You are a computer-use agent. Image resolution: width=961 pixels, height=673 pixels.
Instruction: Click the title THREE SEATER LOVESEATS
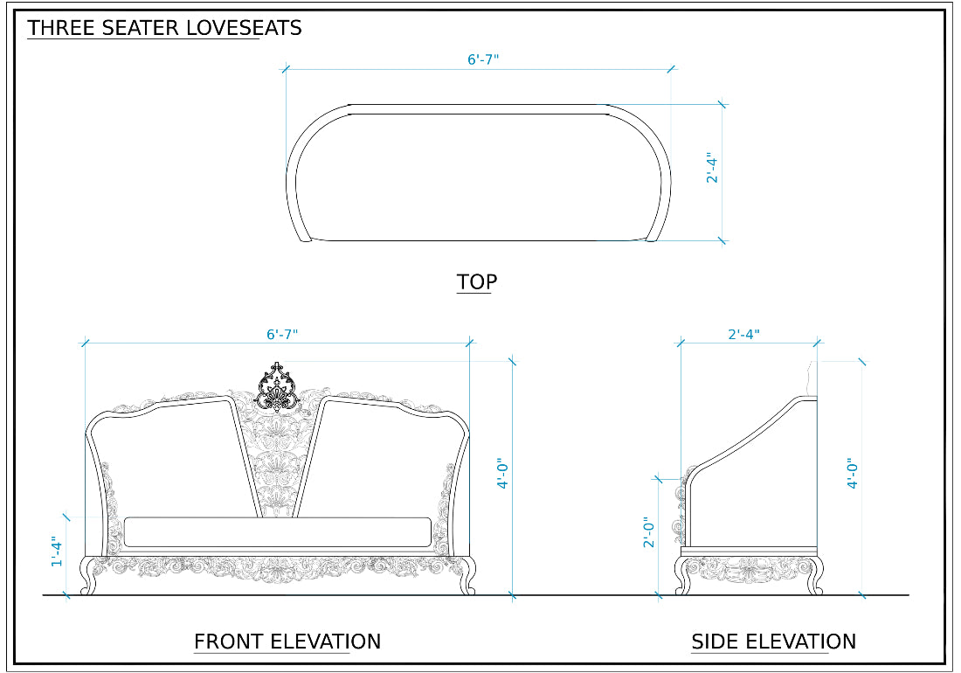tap(164, 28)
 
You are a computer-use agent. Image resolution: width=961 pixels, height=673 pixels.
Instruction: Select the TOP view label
tap(477, 282)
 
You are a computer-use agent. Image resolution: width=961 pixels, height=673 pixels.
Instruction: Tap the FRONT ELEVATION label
tap(287, 642)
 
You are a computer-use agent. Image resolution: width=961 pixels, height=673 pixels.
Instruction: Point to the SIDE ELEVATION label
tap(773, 642)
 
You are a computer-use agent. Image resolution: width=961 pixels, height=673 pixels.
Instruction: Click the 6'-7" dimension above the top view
tap(483, 59)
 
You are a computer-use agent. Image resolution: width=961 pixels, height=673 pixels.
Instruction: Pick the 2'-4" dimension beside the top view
tap(712, 168)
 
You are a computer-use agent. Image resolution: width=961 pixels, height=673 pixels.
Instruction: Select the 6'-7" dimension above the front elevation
tap(282, 334)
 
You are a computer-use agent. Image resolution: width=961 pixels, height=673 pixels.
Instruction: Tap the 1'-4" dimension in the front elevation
tap(57, 552)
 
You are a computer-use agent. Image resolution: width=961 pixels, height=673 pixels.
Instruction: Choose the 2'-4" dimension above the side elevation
tap(743, 334)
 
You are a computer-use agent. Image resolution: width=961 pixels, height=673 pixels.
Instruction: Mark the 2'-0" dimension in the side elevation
tap(647, 533)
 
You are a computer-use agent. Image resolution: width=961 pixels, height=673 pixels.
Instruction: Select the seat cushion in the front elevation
tap(278, 531)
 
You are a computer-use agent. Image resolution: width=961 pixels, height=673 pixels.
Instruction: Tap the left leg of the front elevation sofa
tap(88, 577)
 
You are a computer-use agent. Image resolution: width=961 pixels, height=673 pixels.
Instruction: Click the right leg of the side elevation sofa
tap(814, 577)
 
